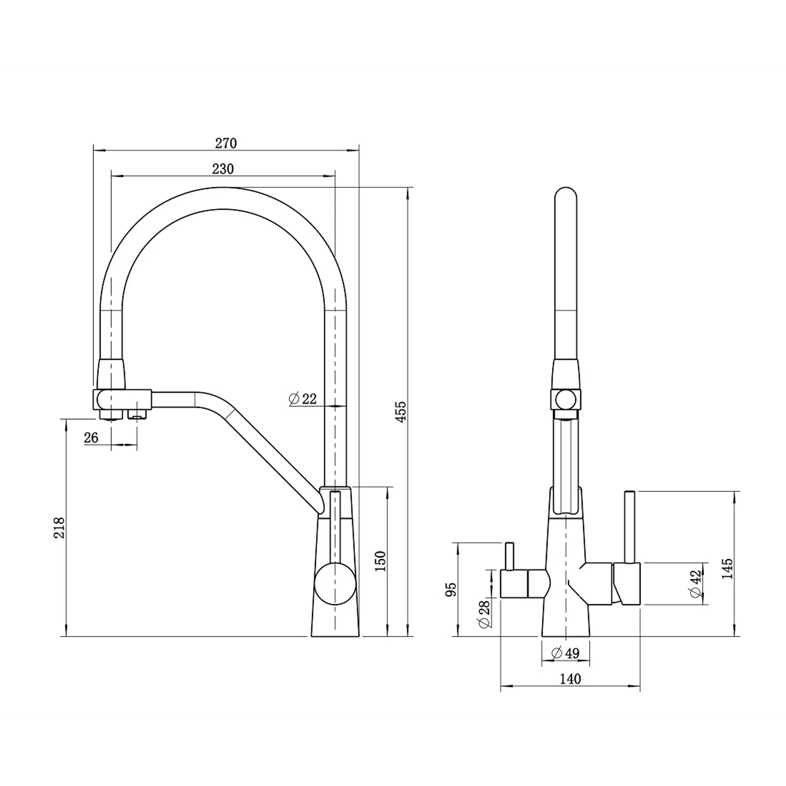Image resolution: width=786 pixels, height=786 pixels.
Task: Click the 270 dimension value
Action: (x=226, y=143)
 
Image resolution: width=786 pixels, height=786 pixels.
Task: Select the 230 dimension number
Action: (x=223, y=169)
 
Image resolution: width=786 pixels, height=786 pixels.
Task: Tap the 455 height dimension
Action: (x=401, y=412)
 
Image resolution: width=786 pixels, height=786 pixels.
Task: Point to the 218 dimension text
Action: (x=59, y=528)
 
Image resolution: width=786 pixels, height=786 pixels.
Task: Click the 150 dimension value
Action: (x=380, y=562)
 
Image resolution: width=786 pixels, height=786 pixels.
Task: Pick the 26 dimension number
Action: (x=91, y=438)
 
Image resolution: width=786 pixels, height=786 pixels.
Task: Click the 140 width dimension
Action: (x=570, y=679)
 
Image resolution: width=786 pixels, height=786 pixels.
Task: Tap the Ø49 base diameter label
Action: (x=565, y=654)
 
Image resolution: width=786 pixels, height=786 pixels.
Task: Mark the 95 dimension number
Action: (x=451, y=589)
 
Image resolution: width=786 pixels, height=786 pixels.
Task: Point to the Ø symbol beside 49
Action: (x=556, y=654)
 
